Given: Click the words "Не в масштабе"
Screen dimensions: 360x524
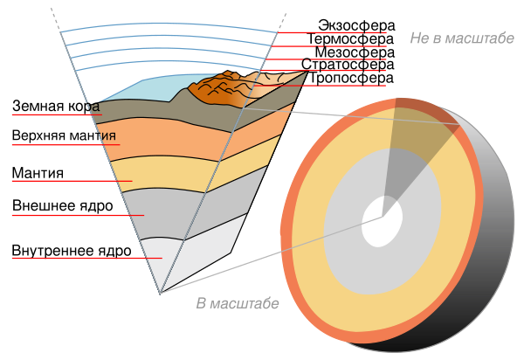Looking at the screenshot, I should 461,38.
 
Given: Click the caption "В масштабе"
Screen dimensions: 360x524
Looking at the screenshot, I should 237,303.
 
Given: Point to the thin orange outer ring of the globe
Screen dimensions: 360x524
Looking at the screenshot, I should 286,227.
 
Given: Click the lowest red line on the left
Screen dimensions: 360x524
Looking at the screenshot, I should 87,258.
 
